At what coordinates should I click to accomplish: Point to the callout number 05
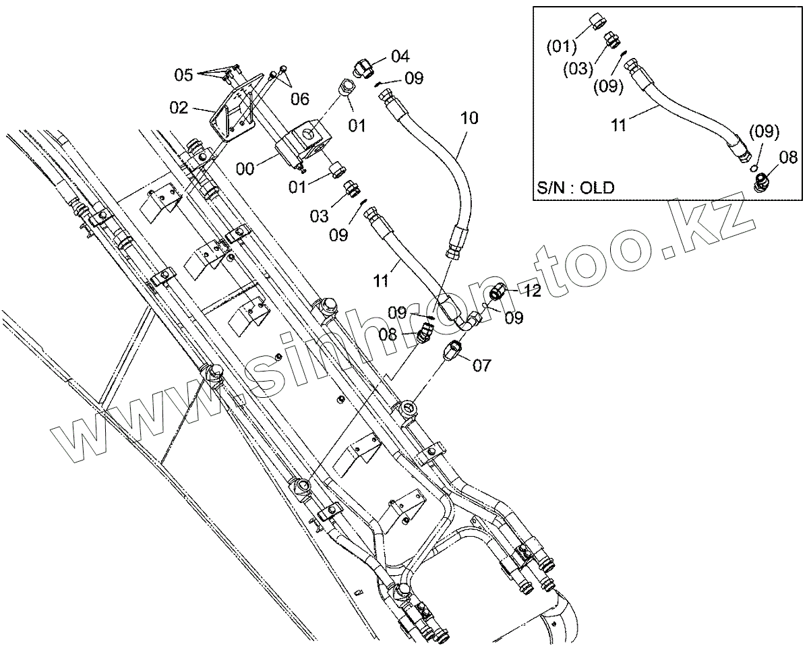point(185,74)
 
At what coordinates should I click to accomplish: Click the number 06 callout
point(300,100)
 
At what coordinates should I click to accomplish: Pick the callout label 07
point(481,365)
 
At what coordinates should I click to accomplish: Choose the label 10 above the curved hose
point(469,119)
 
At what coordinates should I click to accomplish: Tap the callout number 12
point(533,291)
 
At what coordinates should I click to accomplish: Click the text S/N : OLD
point(576,188)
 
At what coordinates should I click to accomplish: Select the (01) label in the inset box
point(561,47)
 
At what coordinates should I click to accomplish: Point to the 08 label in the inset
point(787,158)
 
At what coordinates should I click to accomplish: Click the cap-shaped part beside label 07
point(454,351)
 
